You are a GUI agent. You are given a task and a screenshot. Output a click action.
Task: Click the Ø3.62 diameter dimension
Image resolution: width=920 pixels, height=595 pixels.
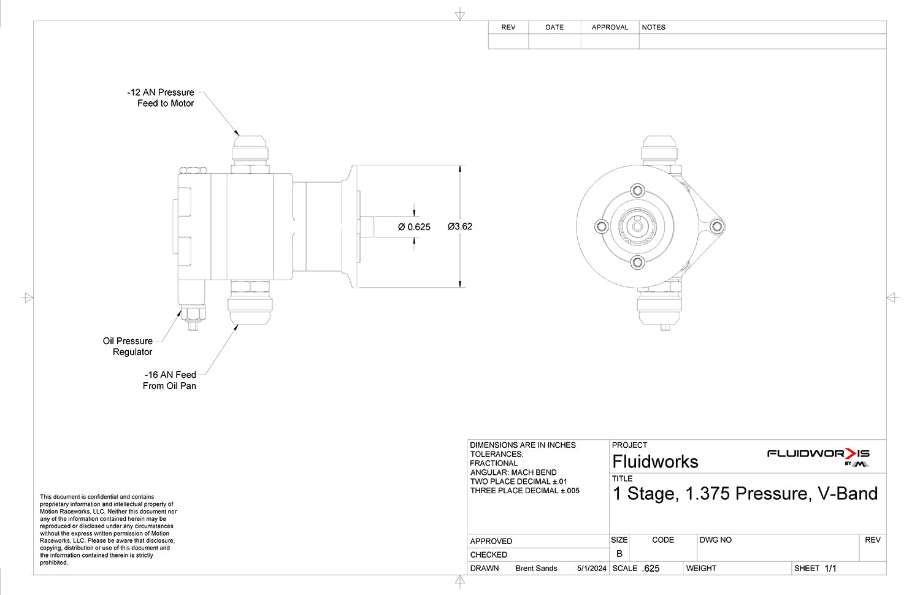[460, 226]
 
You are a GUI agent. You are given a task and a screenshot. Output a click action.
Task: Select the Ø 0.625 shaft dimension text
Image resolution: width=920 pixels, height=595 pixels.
[414, 227]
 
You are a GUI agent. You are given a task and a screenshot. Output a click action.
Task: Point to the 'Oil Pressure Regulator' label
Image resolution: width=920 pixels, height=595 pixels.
[128, 347]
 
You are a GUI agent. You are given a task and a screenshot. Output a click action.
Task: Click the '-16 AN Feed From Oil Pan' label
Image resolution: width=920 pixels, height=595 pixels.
[170, 380]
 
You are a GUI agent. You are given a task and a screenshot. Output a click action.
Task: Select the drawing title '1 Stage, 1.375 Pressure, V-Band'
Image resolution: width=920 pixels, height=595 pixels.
[745, 494]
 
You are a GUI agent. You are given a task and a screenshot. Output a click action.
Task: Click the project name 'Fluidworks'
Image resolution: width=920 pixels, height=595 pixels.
[655, 462]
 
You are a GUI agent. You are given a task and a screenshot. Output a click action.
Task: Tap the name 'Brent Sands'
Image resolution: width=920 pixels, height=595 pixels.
[536, 569]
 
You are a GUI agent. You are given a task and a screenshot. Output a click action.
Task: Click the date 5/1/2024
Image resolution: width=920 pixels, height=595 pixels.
[591, 569]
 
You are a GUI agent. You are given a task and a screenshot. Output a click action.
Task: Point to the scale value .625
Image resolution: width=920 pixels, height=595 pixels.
[650, 569]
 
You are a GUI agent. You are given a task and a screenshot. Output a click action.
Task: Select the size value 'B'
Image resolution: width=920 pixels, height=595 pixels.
[619, 553]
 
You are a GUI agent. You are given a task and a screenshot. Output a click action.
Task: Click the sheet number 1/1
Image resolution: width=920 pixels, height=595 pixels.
[830, 569]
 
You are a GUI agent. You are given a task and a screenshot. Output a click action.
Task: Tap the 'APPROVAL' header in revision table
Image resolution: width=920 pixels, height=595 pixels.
[610, 28]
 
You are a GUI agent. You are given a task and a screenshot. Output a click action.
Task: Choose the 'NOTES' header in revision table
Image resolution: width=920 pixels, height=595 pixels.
[653, 28]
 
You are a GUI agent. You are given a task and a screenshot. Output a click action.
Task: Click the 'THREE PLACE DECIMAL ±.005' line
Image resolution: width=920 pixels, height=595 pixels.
[524, 491]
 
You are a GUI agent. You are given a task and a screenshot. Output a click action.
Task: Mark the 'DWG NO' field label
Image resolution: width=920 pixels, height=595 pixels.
[715, 540]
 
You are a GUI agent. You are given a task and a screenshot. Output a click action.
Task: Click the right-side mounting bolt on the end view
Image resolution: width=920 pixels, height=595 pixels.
[716, 227]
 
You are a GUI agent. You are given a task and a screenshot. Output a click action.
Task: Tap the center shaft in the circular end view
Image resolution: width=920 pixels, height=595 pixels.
[637, 227]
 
